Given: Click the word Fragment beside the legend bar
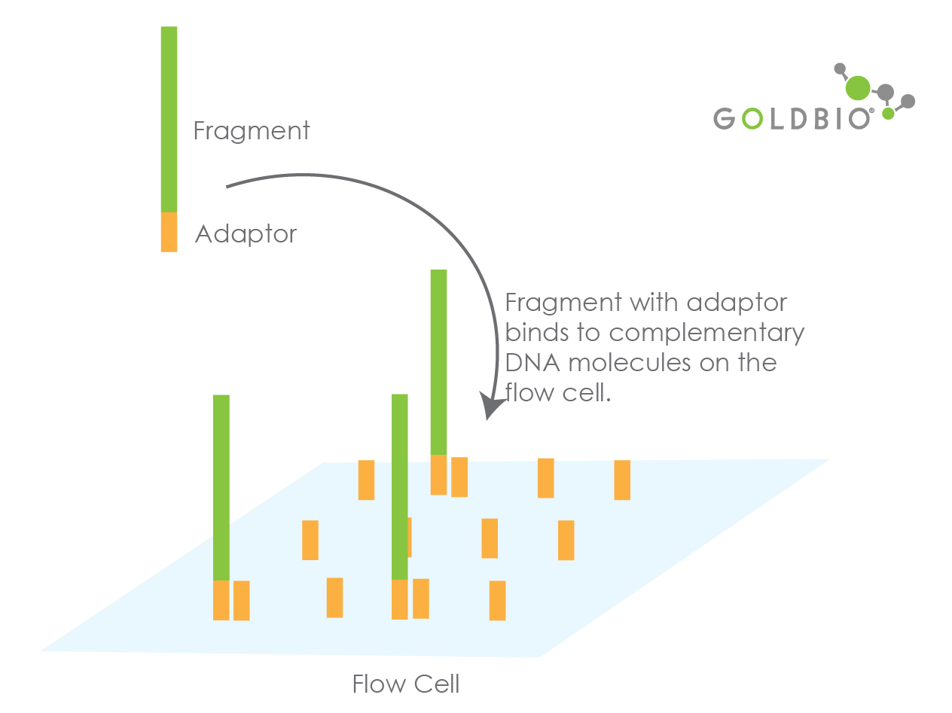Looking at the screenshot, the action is point(252,131).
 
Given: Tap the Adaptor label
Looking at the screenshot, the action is point(246,234).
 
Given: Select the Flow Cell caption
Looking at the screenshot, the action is point(405,684).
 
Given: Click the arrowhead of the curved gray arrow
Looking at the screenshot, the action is point(491,406).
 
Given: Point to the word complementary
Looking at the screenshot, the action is point(706,334).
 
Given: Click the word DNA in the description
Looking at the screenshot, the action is point(532,363).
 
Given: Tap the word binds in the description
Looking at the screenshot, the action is point(537,332).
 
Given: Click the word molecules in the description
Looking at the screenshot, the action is point(630,362).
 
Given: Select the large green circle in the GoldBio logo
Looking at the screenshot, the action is point(857,87).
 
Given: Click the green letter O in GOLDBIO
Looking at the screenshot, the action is point(752,118).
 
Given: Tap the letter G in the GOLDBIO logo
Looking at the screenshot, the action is point(725,118).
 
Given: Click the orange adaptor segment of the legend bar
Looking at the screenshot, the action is point(169,232).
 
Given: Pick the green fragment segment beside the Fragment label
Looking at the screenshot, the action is point(169,119).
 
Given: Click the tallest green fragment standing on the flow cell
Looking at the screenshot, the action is point(438,362).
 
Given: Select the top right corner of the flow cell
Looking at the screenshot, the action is point(830,459).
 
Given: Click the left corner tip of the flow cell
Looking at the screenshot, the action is point(41,651).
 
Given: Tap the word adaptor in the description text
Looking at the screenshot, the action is point(737,303).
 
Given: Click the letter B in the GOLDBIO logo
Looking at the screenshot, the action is point(822,118).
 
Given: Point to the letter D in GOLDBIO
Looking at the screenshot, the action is point(799,118).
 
